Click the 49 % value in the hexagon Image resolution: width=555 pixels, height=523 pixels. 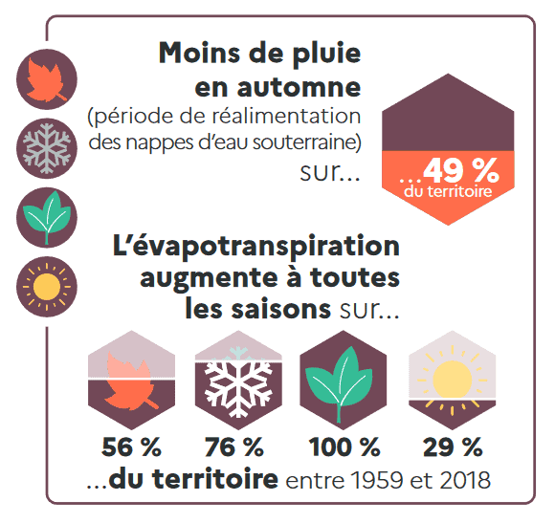461,170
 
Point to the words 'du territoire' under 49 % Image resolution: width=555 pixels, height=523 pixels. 448,191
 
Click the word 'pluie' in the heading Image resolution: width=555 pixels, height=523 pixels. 322,53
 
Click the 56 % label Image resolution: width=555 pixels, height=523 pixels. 131,447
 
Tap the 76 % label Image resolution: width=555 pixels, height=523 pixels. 234,447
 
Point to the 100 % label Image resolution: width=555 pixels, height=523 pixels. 343,447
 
